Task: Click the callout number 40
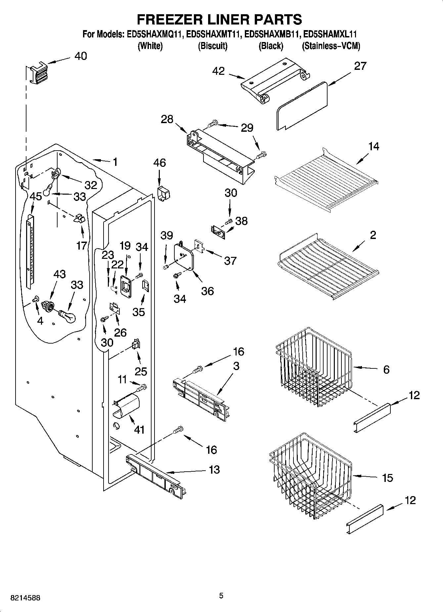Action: pos(80,56)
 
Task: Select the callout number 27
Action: pos(360,66)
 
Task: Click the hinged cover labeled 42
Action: pos(275,79)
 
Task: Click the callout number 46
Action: pos(159,163)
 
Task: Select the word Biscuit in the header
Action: pos(212,46)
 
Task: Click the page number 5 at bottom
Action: pos(221,596)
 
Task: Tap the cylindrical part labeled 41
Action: pos(127,405)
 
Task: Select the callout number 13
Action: pos(214,469)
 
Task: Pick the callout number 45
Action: pos(36,196)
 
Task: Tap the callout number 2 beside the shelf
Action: pos(373,235)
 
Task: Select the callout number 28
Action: pos(167,119)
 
